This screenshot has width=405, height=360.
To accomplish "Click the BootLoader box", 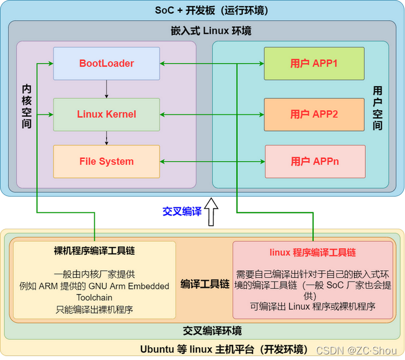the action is [x=106, y=64].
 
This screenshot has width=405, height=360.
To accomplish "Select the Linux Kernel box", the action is [x=106, y=114].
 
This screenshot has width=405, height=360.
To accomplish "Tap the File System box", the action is [x=106, y=161].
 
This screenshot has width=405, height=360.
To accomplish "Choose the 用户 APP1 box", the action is [x=314, y=64].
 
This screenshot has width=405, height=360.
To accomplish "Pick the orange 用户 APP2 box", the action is [x=314, y=114].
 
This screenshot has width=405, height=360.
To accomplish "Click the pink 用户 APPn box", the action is [x=315, y=161].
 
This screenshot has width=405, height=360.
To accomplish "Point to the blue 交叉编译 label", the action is [x=182, y=212].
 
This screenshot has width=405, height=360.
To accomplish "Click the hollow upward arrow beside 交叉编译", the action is [x=211, y=212].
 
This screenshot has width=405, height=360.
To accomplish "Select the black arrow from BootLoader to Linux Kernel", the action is [x=106, y=89].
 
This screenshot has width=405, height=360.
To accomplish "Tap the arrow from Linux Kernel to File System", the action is [x=106, y=138].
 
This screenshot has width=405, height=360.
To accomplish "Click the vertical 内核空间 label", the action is [x=27, y=106].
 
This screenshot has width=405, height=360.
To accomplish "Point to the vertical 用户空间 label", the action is [x=378, y=108].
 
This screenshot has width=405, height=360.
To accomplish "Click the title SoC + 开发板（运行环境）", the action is [x=211, y=11].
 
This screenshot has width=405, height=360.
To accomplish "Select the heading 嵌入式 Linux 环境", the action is [x=211, y=31].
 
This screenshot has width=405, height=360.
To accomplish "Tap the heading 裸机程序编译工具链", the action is [x=95, y=251].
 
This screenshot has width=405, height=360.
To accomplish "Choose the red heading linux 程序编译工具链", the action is [x=313, y=253].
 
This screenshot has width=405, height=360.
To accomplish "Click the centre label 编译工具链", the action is [x=205, y=284].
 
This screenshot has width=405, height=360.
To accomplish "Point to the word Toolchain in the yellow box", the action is [x=95, y=298].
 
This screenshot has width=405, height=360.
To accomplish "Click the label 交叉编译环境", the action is [x=213, y=331].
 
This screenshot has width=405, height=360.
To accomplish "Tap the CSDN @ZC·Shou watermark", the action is [x=356, y=350].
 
